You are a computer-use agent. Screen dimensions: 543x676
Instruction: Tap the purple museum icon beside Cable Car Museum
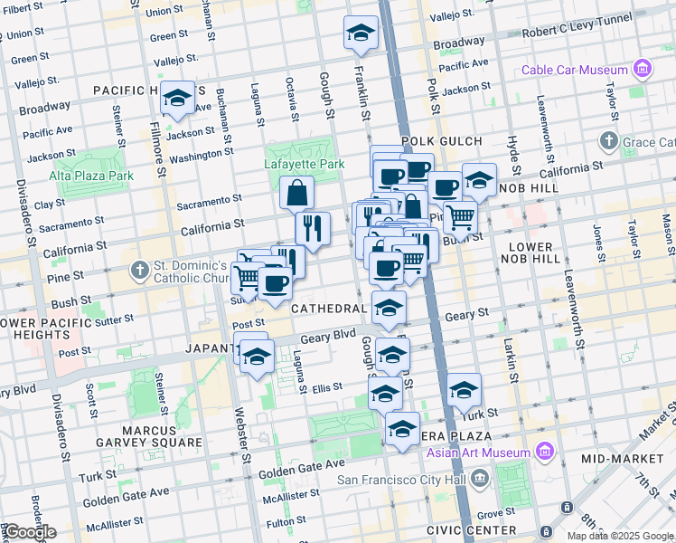pyautogui.click(x=643, y=69)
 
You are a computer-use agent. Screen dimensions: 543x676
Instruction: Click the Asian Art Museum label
pyautogui.click(x=485, y=452)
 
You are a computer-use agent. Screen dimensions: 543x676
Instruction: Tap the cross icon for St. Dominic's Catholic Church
pyautogui.click(x=138, y=270)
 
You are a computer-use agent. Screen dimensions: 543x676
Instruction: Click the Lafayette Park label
pyautogui.click(x=305, y=165)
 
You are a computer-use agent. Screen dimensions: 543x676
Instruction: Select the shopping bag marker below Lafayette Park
pyautogui.click(x=297, y=193)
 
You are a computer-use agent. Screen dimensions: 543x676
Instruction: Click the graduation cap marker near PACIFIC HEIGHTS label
pyautogui.click(x=177, y=98)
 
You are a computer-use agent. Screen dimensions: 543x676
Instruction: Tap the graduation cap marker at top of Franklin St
pyautogui.click(x=361, y=33)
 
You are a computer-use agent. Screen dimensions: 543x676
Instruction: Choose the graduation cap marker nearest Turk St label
pyautogui.click(x=465, y=390)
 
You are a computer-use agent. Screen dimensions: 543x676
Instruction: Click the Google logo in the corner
pyautogui.click(x=29, y=532)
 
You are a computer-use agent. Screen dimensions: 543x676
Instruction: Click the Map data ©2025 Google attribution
pyautogui.click(x=620, y=536)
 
